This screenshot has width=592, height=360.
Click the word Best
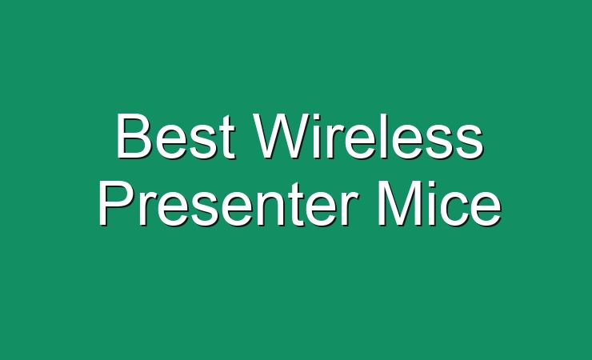click(176, 137)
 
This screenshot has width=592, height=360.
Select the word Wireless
click(369, 136)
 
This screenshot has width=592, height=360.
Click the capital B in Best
click(134, 136)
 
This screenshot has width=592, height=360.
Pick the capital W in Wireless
click(284, 136)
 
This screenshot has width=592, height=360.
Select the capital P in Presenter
click(116, 203)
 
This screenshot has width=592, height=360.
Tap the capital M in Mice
click(398, 204)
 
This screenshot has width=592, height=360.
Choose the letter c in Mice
click(452, 210)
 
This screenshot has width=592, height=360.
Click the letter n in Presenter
click(267, 210)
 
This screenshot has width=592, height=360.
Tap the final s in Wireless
click(470, 142)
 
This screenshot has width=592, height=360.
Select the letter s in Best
click(204, 142)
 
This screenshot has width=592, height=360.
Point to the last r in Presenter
click(349, 210)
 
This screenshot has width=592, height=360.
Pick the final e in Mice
click(486, 210)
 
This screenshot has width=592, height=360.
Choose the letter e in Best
click(170, 142)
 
